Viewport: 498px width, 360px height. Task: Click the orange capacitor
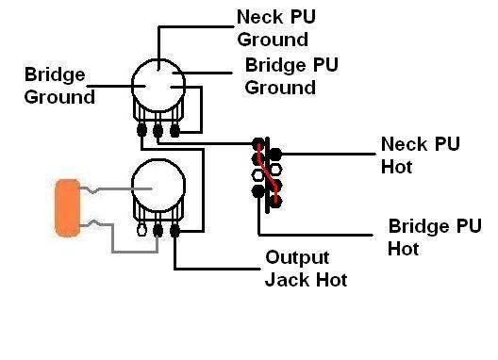pos(68,208)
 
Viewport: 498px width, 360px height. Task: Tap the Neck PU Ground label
pos(276,28)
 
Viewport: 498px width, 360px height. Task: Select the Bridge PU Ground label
pos(291,76)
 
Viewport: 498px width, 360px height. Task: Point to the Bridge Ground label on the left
pos(59,86)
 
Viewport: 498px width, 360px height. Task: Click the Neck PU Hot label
pos(421,155)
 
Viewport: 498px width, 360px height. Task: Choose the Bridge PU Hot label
pos(435,237)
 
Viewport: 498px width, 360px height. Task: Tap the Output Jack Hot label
pos(307,269)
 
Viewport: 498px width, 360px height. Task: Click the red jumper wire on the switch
pos(268,173)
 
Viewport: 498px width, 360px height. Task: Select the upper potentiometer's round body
pos(158,86)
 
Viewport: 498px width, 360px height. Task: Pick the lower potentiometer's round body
pos(158,186)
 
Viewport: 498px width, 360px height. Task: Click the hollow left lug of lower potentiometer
pos(141,230)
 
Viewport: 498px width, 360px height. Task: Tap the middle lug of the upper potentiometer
pos(158,130)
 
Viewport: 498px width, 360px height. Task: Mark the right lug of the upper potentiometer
pos(174,131)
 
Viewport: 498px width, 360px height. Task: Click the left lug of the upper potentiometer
pos(141,130)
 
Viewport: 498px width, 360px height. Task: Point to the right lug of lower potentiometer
pos(174,231)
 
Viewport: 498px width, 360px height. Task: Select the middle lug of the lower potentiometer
pos(158,231)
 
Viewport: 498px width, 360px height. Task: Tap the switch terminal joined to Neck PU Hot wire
pos(275,155)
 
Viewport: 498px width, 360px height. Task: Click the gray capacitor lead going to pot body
pos(116,189)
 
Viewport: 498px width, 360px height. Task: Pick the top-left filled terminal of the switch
pos(257,143)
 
